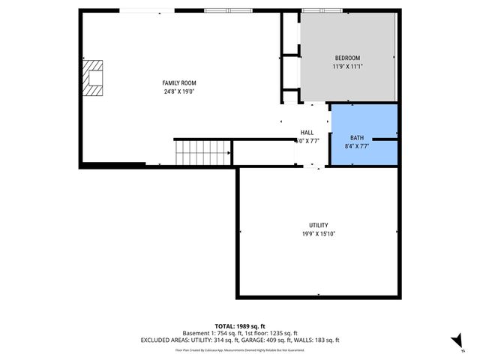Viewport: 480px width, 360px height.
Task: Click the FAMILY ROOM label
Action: [x=179, y=82]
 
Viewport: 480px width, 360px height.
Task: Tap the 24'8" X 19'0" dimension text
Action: [x=179, y=91]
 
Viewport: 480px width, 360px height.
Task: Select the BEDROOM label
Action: [x=347, y=58]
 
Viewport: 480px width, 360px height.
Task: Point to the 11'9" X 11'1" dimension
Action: [x=347, y=67]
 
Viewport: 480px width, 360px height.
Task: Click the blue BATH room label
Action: [x=357, y=138]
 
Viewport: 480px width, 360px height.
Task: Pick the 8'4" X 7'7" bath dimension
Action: [x=357, y=146]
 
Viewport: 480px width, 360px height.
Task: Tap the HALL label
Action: [x=307, y=132]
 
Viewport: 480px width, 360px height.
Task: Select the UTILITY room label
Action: [x=318, y=225]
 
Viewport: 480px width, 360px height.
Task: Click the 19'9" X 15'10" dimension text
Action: [x=318, y=233]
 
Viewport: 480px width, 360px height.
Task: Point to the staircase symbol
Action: [x=190, y=153]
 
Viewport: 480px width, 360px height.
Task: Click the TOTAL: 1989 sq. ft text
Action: [x=240, y=325]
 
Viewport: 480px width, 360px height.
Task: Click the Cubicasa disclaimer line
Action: [x=240, y=349]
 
